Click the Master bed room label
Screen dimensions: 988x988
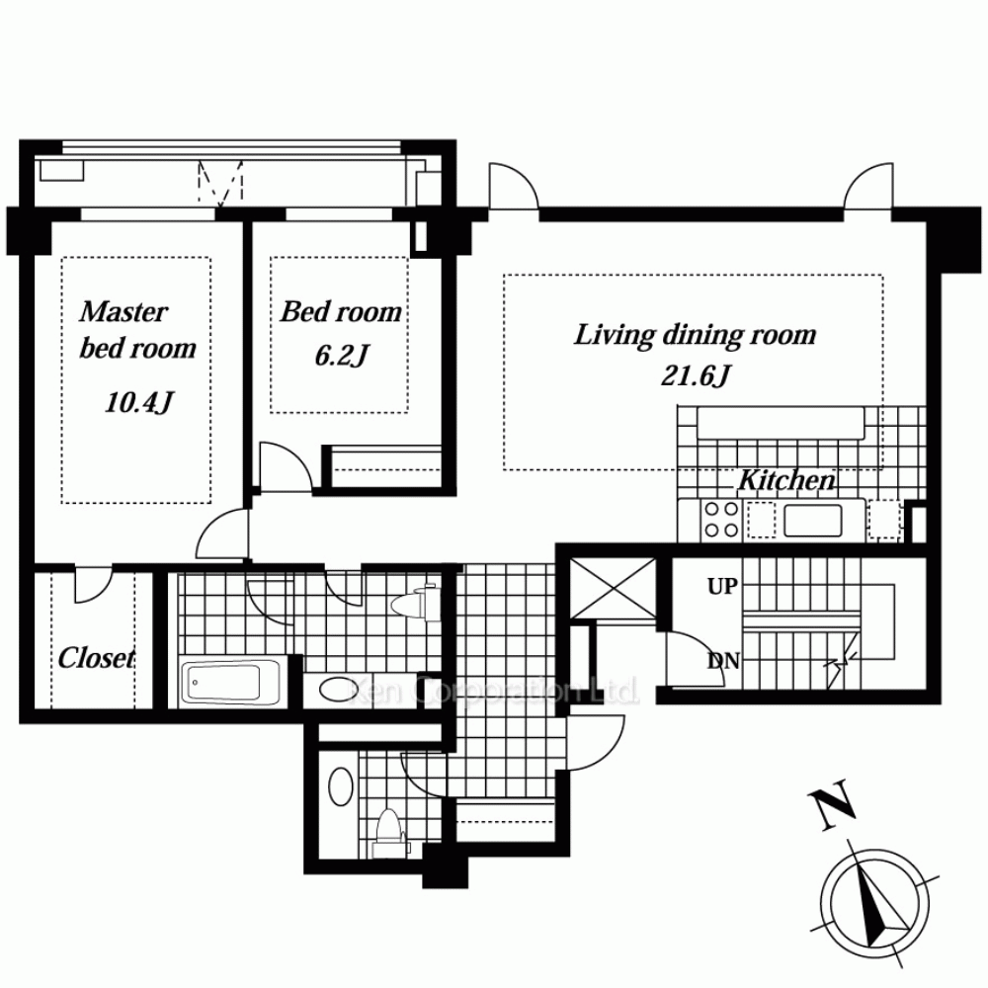(x=137, y=330)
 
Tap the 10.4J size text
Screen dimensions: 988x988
(x=138, y=402)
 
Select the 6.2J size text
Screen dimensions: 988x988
(x=341, y=356)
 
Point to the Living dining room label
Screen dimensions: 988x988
(x=695, y=335)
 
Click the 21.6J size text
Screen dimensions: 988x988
(x=695, y=376)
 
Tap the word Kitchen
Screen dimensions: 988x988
(x=786, y=480)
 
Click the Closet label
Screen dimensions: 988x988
(x=97, y=658)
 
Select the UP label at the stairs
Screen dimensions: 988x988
(x=722, y=587)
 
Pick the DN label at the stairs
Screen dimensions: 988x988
(x=723, y=661)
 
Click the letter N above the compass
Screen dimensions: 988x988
(x=832, y=804)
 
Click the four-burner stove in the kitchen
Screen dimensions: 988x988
(x=721, y=520)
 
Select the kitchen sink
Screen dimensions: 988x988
(x=813, y=521)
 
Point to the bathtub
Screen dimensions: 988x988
(x=229, y=683)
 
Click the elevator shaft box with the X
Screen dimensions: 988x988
(x=614, y=589)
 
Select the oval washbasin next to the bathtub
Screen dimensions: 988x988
(x=337, y=689)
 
